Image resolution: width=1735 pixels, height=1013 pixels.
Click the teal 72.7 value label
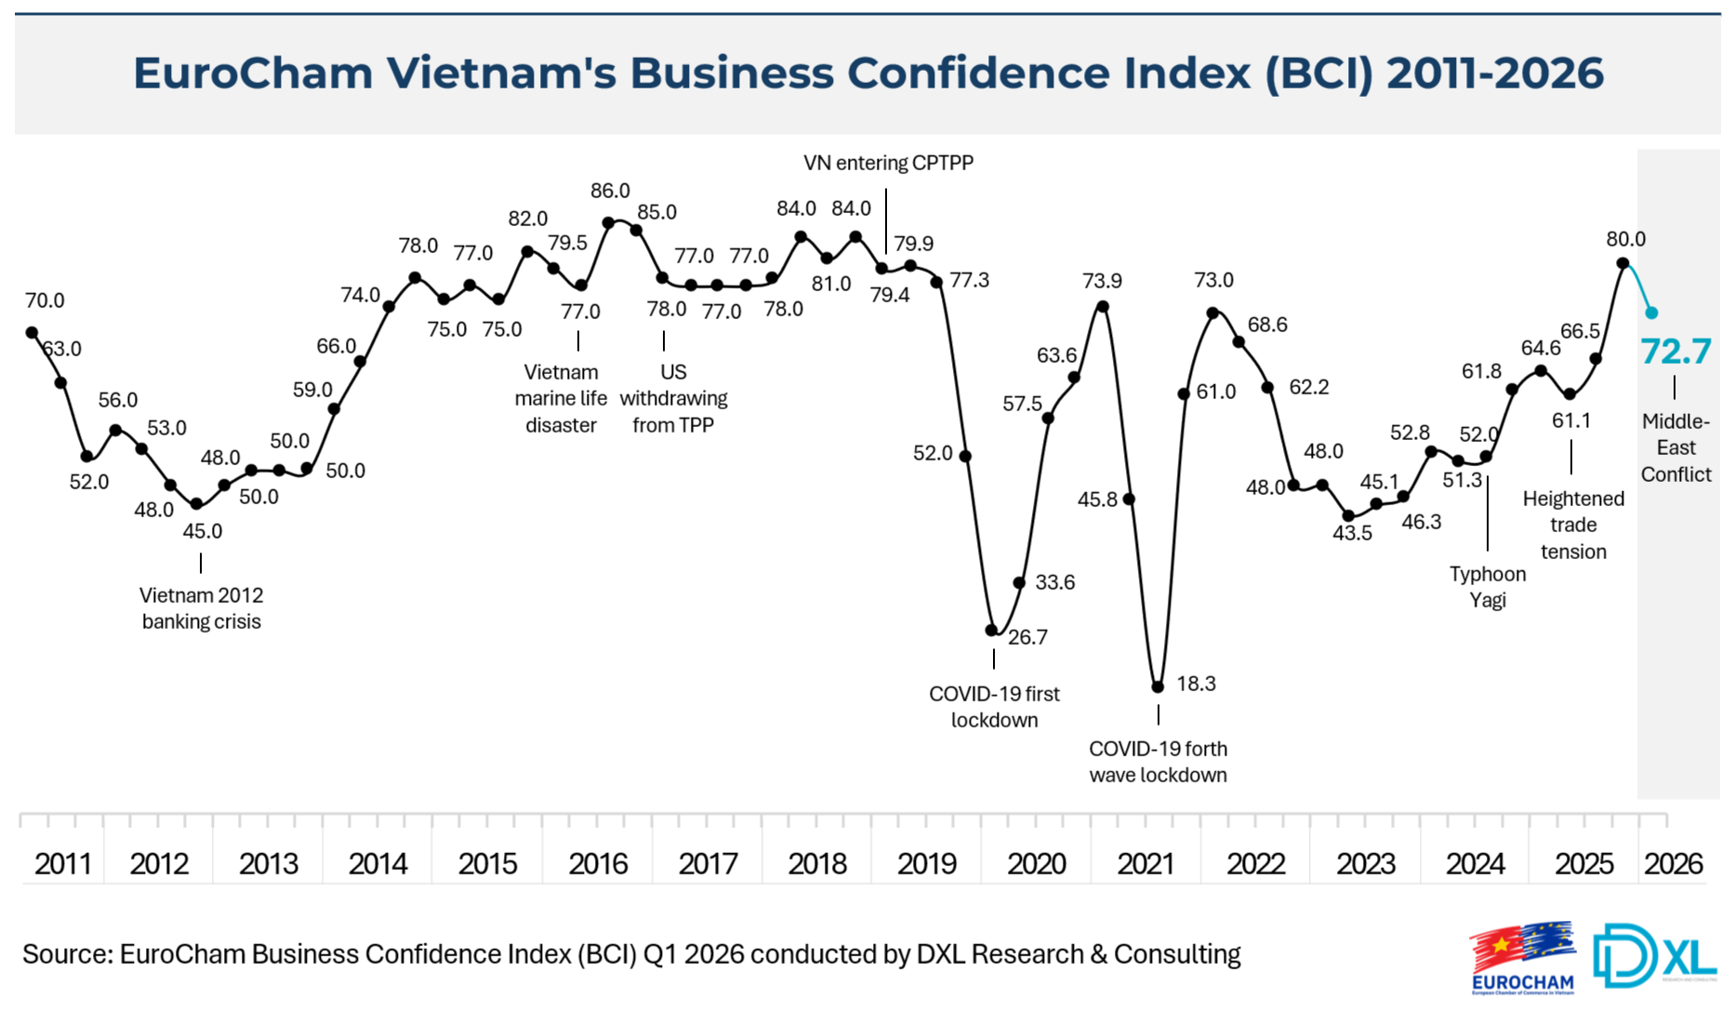[1675, 352]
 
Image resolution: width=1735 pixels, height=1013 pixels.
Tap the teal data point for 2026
[1651, 313]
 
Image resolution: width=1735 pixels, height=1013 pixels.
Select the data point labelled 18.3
[1158, 686]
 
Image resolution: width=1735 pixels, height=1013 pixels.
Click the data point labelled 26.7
[991, 630]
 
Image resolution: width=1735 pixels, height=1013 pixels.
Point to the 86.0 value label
[610, 191]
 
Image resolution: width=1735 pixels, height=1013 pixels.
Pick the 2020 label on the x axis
[1037, 864]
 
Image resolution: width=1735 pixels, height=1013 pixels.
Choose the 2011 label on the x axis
[62, 864]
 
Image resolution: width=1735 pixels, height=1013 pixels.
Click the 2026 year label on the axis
[1673, 864]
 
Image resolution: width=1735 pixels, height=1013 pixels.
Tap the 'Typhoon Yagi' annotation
[1488, 587]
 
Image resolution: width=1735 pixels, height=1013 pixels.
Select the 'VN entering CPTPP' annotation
[888, 163]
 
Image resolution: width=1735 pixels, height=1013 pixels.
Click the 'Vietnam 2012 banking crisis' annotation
[201, 608]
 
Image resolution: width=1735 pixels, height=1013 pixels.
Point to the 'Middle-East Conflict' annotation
[1675, 447]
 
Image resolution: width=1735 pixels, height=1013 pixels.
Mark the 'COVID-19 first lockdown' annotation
[994, 707]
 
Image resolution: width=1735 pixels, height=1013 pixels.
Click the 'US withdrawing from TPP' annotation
[673, 398]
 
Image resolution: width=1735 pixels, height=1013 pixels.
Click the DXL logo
[1653, 954]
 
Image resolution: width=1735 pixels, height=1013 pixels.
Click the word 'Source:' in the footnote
[67, 954]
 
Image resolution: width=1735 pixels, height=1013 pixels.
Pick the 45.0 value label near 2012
[202, 531]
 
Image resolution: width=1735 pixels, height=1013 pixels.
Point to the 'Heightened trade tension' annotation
[1573, 525]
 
